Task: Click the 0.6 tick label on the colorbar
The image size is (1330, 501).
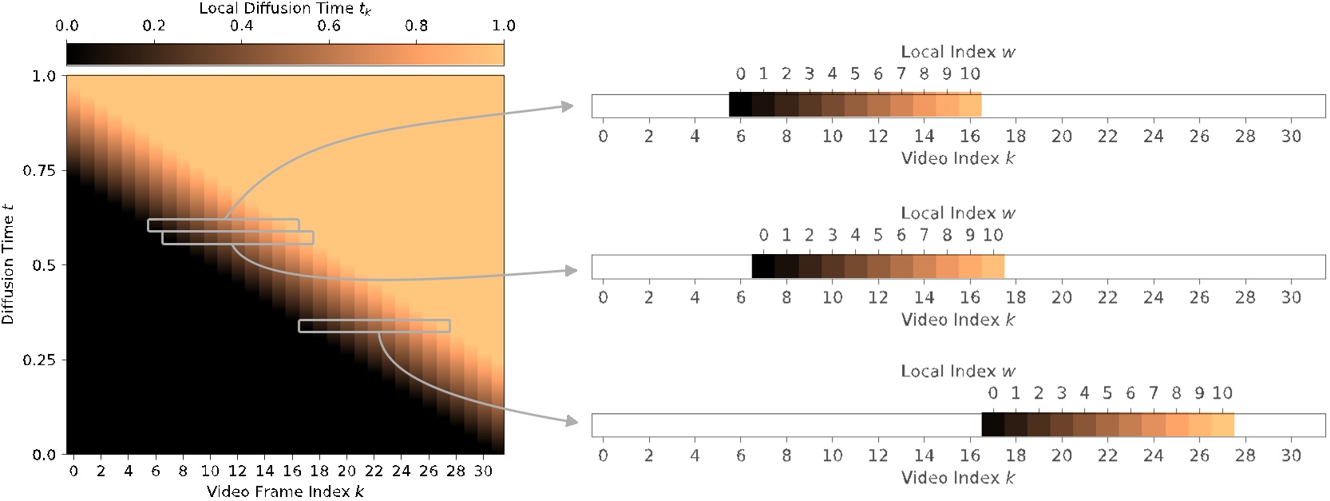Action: (x=329, y=26)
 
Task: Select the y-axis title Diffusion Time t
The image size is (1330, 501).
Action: (x=9, y=264)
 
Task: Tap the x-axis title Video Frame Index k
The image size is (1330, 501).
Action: (x=285, y=490)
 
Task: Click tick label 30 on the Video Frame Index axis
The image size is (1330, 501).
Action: (x=483, y=471)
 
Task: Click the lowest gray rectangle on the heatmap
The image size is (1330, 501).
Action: (x=374, y=326)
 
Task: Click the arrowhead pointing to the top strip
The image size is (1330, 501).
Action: (x=568, y=106)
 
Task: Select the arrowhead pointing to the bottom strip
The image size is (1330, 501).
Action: (x=569, y=421)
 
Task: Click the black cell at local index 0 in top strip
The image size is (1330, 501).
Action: (x=741, y=105)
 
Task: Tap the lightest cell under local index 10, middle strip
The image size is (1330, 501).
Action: (x=992, y=266)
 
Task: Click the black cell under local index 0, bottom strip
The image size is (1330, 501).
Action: (x=993, y=424)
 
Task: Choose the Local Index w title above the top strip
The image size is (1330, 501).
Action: (x=958, y=52)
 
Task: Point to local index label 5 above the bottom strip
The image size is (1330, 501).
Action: (x=1107, y=393)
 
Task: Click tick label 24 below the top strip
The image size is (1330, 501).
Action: (x=1154, y=137)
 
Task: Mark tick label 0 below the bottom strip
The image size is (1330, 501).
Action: (x=603, y=455)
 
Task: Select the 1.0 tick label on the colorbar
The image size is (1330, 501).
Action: (x=504, y=26)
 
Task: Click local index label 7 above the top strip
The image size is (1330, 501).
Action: (x=901, y=74)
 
